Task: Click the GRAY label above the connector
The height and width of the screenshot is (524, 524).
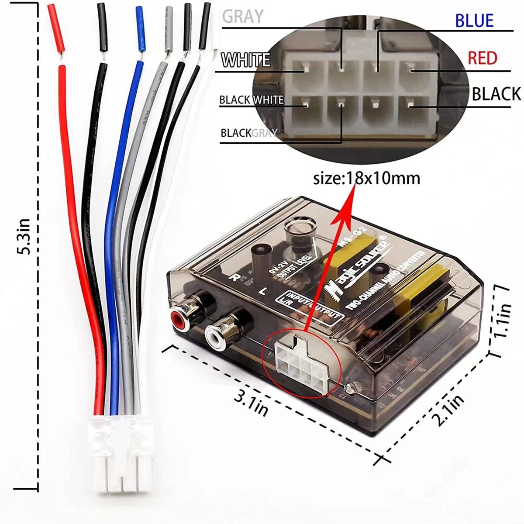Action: click(x=243, y=16)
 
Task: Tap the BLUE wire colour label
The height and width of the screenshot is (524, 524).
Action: click(x=474, y=21)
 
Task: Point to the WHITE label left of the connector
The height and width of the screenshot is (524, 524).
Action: click(x=245, y=60)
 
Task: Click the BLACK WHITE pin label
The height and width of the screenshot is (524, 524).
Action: click(x=251, y=100)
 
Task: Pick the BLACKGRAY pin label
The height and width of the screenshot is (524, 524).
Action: click(x=249, y=133)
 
